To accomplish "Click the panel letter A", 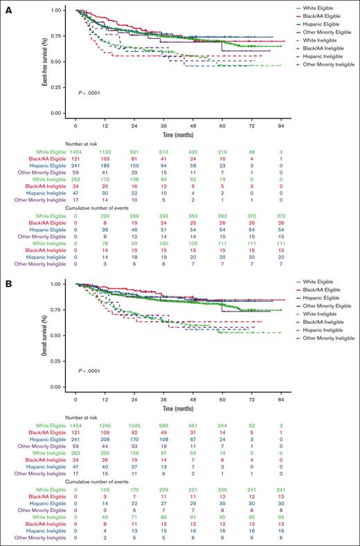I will coord(6,6).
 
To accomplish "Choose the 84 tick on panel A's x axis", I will coord(281,128).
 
